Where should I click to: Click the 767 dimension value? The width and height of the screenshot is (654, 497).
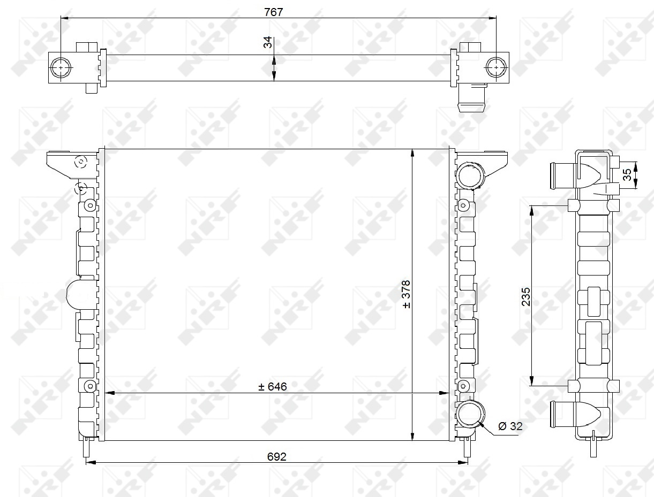(273, 12)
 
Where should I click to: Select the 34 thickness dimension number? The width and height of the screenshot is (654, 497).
(268, 42)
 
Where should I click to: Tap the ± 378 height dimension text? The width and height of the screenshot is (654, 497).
(406, 294)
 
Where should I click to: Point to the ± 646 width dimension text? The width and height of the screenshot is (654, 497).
(272, 387)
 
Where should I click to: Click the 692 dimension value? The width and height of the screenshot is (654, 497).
(276, 457)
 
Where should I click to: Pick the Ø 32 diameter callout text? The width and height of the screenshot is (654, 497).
(510, 426)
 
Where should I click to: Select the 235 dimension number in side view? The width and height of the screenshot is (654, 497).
(526, 297)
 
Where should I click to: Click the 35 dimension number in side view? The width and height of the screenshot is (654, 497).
(627, 175)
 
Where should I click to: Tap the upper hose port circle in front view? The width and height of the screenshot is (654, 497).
(470, 175)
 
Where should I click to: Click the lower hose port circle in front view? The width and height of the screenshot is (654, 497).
(470, 415)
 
